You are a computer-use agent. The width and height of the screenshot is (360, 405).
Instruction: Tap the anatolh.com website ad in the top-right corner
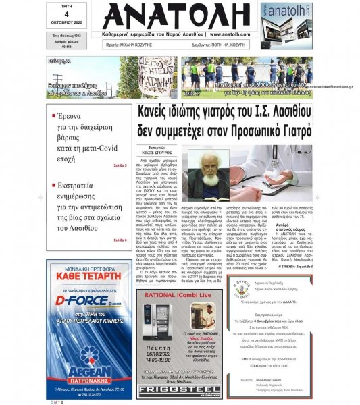point(286,25)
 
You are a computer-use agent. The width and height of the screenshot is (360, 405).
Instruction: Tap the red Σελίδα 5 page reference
point(120,165)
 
